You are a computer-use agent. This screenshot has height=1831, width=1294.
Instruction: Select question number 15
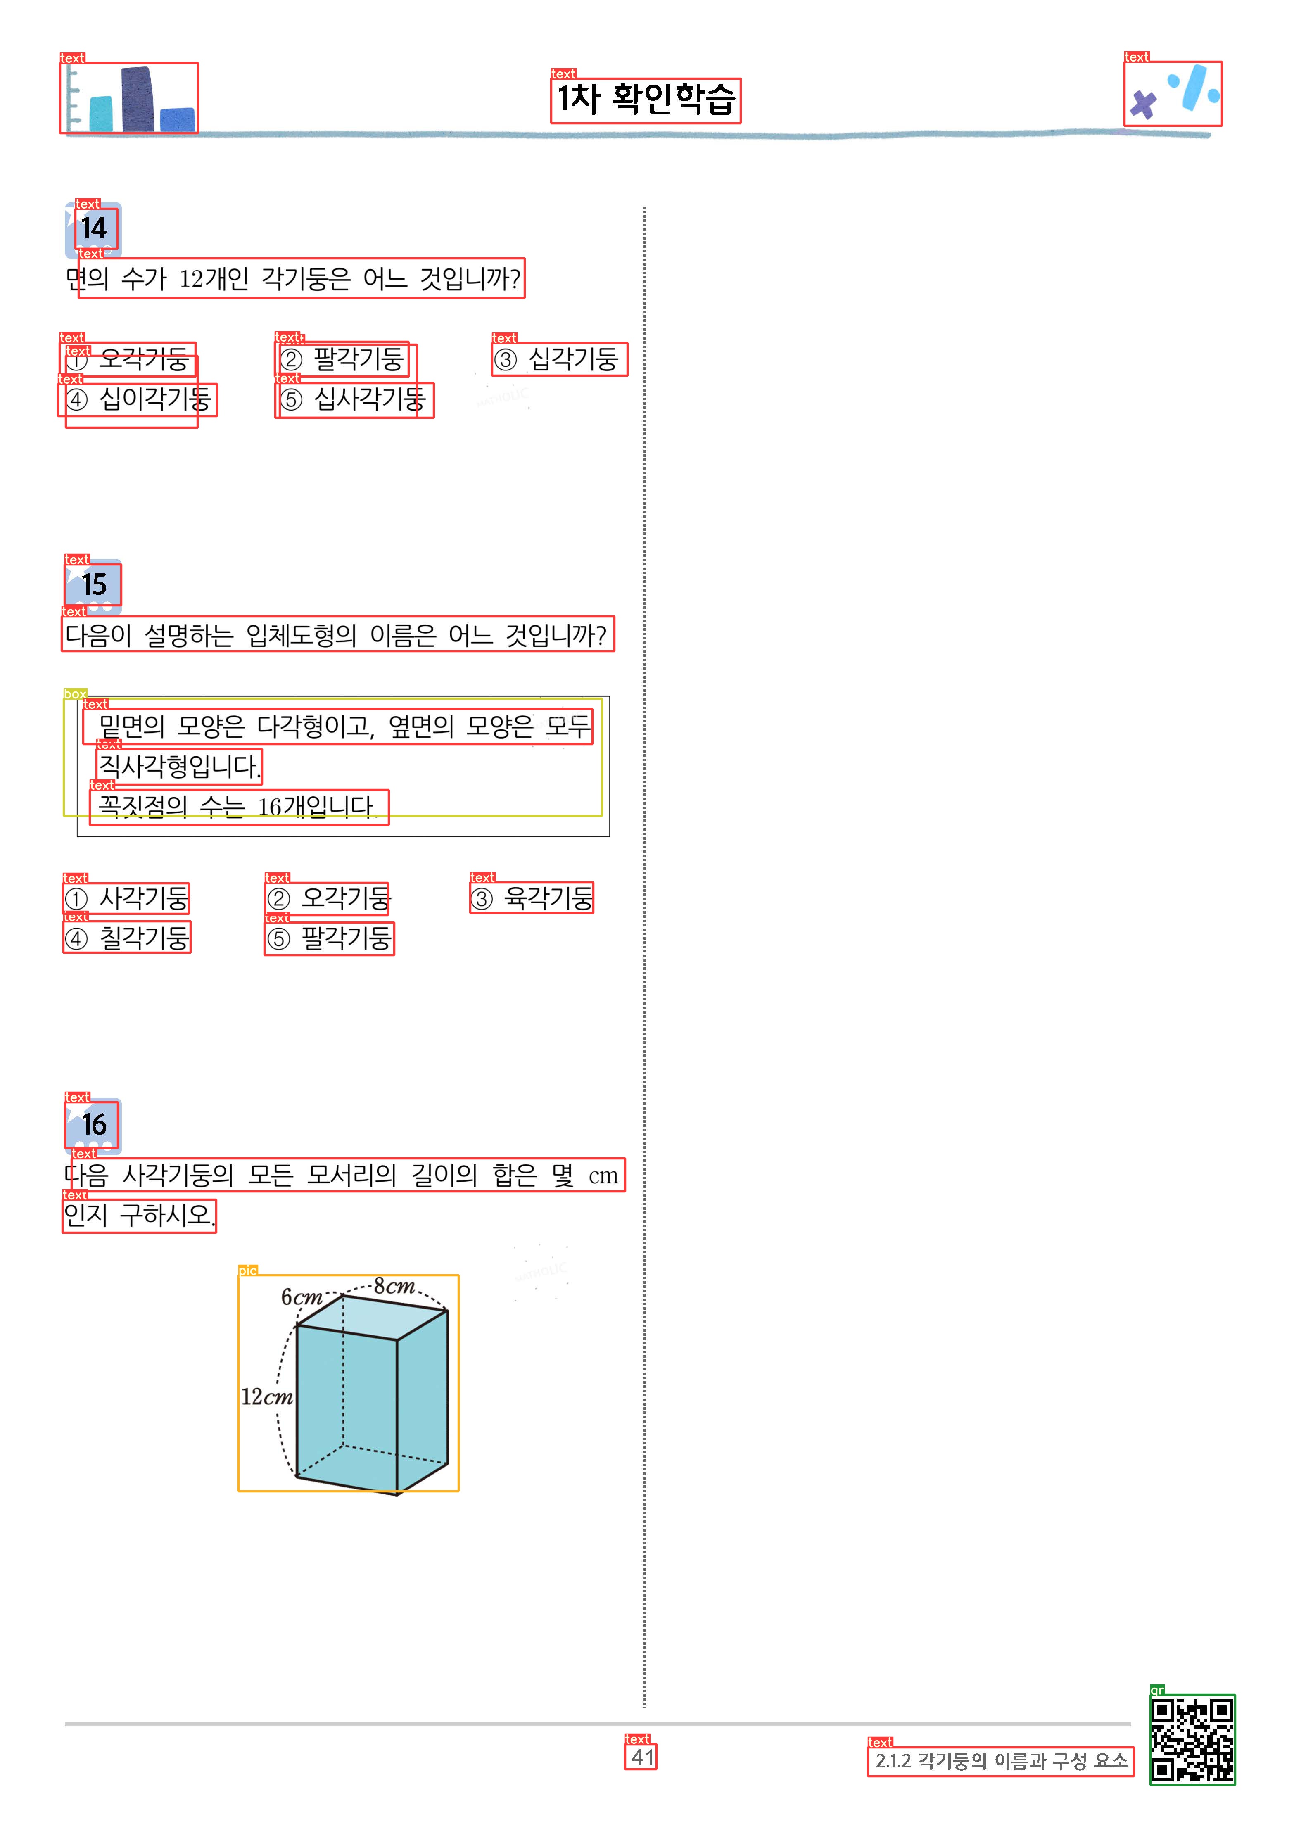pyautogui.click(x=94, y=584)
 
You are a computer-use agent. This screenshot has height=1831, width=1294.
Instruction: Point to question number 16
pyautogui.click(x=94, y=1124)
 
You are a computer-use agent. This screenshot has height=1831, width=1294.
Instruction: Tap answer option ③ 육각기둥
pyautogui.click(x=532, y=899)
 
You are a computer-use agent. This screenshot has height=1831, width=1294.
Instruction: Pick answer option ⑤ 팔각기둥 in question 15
pyautogui.click(x=329, y=938)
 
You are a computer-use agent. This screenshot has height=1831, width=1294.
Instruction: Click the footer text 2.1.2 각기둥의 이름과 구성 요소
pyautogui.click(x=1002, y=1761)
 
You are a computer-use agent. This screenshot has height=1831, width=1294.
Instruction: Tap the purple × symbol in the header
pyautogui.click(x=1143, y=104)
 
